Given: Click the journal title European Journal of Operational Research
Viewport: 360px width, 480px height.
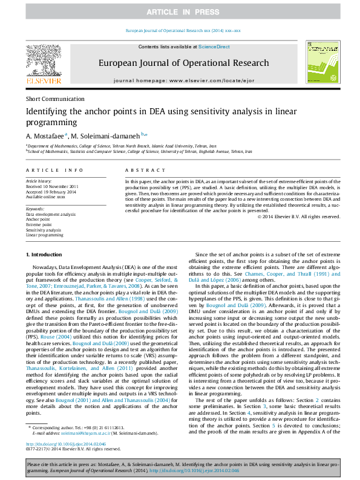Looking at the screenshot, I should coord(183,63).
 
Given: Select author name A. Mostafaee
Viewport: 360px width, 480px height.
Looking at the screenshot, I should coord(45,135).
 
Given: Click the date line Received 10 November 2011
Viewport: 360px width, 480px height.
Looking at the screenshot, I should coord(52,186).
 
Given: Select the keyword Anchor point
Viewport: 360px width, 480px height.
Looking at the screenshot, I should coord(37,219).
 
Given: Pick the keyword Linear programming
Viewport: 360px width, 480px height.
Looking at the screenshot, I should coord(44,235).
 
